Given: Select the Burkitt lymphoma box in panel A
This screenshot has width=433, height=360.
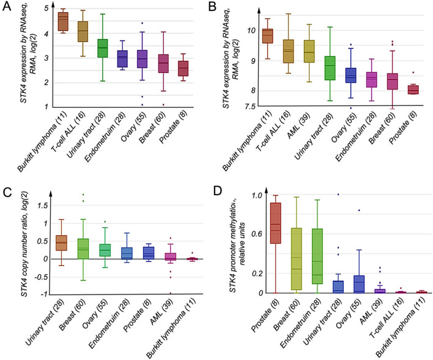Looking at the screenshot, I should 62,22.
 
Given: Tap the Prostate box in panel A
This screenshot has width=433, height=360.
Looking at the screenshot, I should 182,68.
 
